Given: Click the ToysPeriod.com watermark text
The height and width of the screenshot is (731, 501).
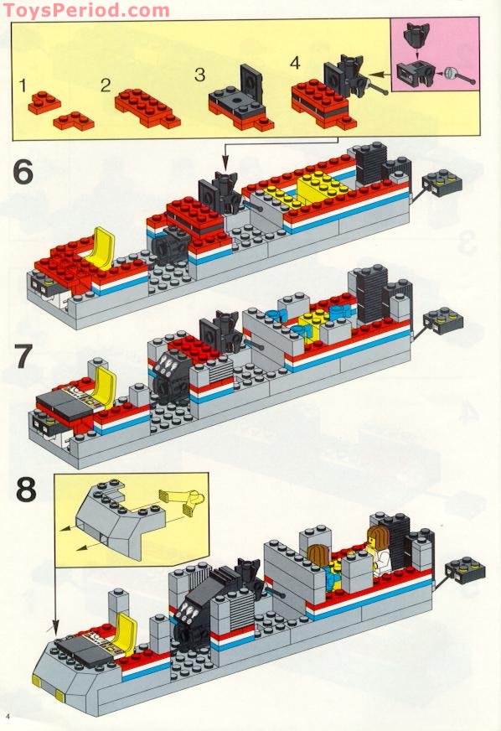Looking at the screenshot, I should [85, 10].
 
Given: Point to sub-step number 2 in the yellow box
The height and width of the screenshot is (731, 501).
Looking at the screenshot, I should [106, 85].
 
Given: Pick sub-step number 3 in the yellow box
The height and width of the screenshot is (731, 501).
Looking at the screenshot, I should [199, 75].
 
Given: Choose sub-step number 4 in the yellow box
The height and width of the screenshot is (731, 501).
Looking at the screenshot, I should [293, 64].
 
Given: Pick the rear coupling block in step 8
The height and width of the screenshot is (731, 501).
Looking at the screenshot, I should [464, 570].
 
